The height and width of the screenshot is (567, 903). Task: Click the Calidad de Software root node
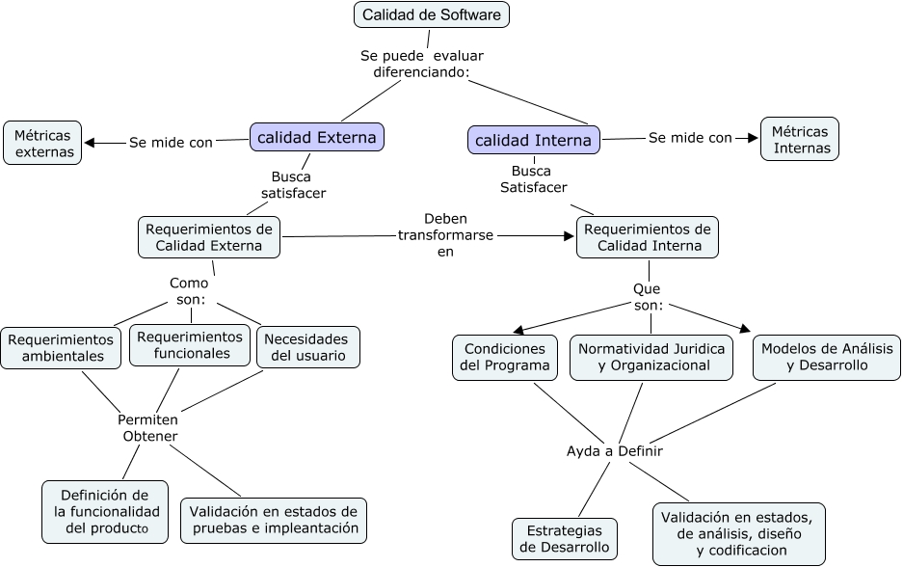(x=431, y=14)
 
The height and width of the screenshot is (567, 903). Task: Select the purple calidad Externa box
(x=317, y=138)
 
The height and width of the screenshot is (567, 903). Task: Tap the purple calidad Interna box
(x=533, y=140)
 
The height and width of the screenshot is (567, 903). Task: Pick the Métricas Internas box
(x=800, y=139)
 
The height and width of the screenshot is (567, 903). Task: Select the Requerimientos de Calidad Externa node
(x=209, y=237)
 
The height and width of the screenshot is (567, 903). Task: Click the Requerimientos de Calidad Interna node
(x=648, y=237)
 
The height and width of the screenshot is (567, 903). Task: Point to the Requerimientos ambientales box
(x=61, y=348)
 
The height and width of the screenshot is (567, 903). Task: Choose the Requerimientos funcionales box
(x=190, y=345)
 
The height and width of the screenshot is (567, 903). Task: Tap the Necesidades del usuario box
(x=307, y=347)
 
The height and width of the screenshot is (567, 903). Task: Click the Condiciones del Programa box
(x=505, y=357)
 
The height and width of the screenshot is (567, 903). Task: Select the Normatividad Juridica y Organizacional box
(x=651, y=357)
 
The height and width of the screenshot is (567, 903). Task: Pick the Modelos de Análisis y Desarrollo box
(x=827, y=357)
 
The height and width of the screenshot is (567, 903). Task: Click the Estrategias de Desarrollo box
(x=564, y=539)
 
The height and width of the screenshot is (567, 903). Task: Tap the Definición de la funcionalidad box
(x=105, y=512)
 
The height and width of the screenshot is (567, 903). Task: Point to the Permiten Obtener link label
(x=148, y=428)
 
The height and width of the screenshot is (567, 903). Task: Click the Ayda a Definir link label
(x=614, y=450)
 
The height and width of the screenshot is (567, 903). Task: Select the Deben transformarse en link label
(x=445, y=234)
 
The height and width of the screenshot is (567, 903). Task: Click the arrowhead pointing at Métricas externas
(x=90, y=143)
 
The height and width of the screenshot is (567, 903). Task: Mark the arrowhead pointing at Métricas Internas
(x=754, y=138)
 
